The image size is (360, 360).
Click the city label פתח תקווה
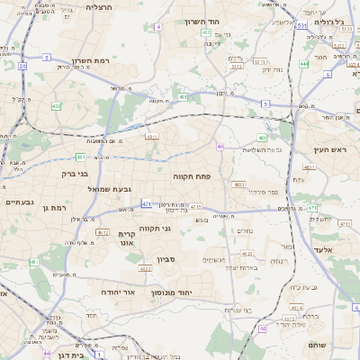click(x=192, y=177)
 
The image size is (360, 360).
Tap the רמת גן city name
click(x=54, y=208)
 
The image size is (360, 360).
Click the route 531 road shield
click(x=302, y=26)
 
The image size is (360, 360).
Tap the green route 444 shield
click(x=304, y=65)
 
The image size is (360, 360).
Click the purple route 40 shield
click(x=220, y=146)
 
